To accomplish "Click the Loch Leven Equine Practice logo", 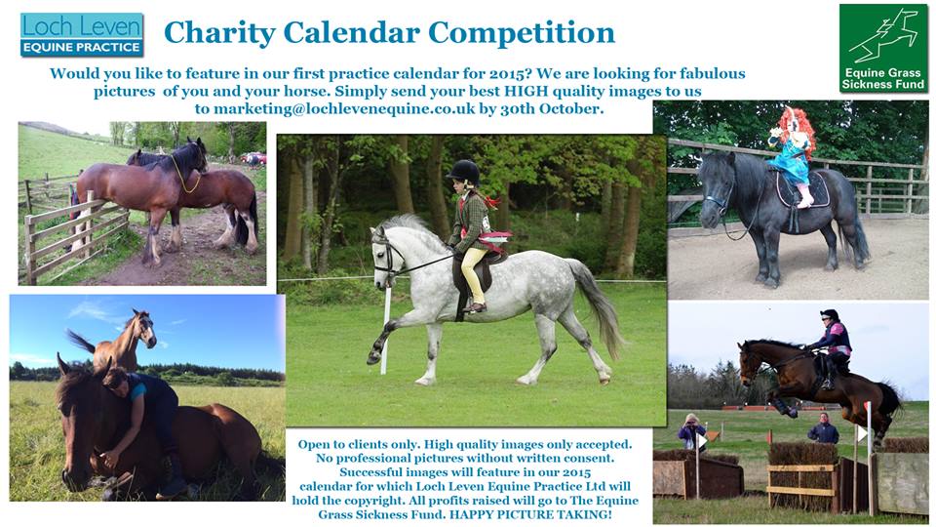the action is pyautogui.click(x=82, y=35).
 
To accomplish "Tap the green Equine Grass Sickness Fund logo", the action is pyautogui.click(x=883, y=49).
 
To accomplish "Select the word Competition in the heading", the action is pyautogui.click(x=522, y=33).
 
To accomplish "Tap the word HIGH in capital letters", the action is pyautogui.click(x=526, y=92).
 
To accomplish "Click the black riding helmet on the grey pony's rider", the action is pyautogui.click(x=464, y=172).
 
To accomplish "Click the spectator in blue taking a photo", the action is pyautogui.click(x=691, y=432).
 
